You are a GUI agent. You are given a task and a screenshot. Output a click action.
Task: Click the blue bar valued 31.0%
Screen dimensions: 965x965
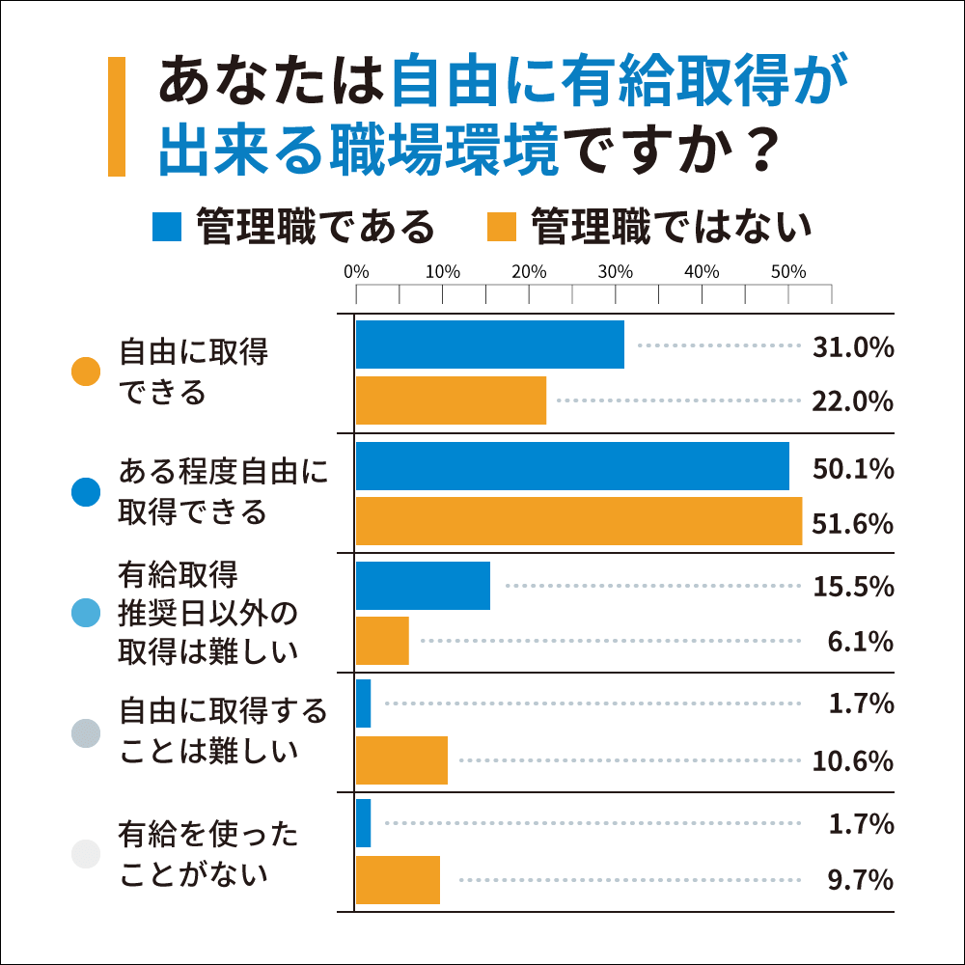[x=490, y=345]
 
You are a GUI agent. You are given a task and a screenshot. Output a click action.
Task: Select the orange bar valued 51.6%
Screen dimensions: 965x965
[x=579, y=521]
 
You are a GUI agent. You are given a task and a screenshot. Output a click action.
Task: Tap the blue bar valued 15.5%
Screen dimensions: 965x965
[x=423, y=585]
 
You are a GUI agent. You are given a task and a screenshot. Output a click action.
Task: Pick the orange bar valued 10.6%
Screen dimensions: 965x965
[x=401, y=759]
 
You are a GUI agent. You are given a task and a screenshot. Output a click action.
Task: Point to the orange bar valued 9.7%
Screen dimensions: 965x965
[x=398, y=879]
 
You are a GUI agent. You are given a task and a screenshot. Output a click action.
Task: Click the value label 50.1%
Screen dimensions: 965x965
[x=853, y=470]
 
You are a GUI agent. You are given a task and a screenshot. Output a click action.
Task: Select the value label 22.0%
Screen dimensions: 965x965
[x=853, y=401]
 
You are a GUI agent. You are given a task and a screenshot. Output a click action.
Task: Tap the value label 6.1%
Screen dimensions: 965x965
[x=861, y=641]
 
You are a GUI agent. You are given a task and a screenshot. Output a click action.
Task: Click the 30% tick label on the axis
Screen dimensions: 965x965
[x=615, y=271]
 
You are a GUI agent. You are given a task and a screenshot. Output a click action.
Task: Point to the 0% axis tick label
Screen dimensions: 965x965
[x=356, y=271]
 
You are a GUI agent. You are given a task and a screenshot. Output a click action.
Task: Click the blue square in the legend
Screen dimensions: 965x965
[x=167, y=227]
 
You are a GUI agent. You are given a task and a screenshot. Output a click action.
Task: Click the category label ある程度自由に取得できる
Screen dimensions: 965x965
[x=223, y=491]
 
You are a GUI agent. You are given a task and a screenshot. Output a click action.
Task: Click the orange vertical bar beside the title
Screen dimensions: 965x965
[x=117, y=117]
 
